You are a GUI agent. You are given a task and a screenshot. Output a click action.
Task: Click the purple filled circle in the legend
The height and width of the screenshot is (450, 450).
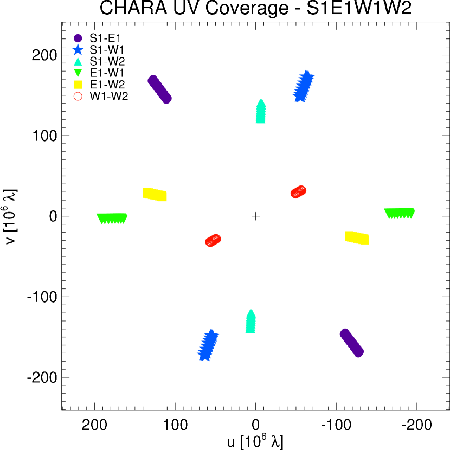[x=78, y=38]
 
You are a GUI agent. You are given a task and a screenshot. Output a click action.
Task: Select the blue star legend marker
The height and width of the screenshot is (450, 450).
[x=78, y=50]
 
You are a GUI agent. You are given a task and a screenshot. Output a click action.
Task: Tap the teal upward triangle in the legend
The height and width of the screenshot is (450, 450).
[x=78, y=62]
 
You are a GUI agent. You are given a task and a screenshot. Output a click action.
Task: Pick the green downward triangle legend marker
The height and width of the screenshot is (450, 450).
[x=78, y=73]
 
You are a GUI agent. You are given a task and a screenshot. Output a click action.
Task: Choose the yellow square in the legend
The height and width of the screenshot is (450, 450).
[x=78, y=85]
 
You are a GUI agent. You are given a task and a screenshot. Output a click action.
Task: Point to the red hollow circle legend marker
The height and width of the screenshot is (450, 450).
[x=78, y=97]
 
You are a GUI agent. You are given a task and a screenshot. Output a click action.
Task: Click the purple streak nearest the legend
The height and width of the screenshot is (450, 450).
[x=159, y=89]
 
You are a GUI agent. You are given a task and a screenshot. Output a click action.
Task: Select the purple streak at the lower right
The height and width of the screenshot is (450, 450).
[x=352, y=343]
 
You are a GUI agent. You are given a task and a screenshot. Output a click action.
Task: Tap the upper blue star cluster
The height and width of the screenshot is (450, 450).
[x=304, y=87]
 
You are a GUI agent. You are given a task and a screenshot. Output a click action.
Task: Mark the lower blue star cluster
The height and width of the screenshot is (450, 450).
[x=208, y=345]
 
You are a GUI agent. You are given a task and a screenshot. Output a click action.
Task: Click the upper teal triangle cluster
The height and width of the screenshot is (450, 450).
[x=261, y=112]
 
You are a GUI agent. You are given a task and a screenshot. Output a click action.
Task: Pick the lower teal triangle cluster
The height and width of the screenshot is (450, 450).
[x=250, y=322]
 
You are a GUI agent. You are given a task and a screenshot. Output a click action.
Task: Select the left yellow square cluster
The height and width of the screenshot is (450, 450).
[x=155, y=194]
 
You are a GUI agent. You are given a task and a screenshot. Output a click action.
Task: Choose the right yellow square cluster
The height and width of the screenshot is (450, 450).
[x=357, y=237]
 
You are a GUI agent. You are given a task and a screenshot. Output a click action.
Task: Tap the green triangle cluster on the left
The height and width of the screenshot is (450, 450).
[x=112, y=218]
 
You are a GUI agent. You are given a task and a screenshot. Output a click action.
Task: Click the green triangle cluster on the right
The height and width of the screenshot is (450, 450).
[x=400, y=213]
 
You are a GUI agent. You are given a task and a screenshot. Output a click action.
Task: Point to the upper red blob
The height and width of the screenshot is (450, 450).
[x=298, y=192]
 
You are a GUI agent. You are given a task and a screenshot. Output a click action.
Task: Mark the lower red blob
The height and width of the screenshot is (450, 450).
[x=213, y=240]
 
